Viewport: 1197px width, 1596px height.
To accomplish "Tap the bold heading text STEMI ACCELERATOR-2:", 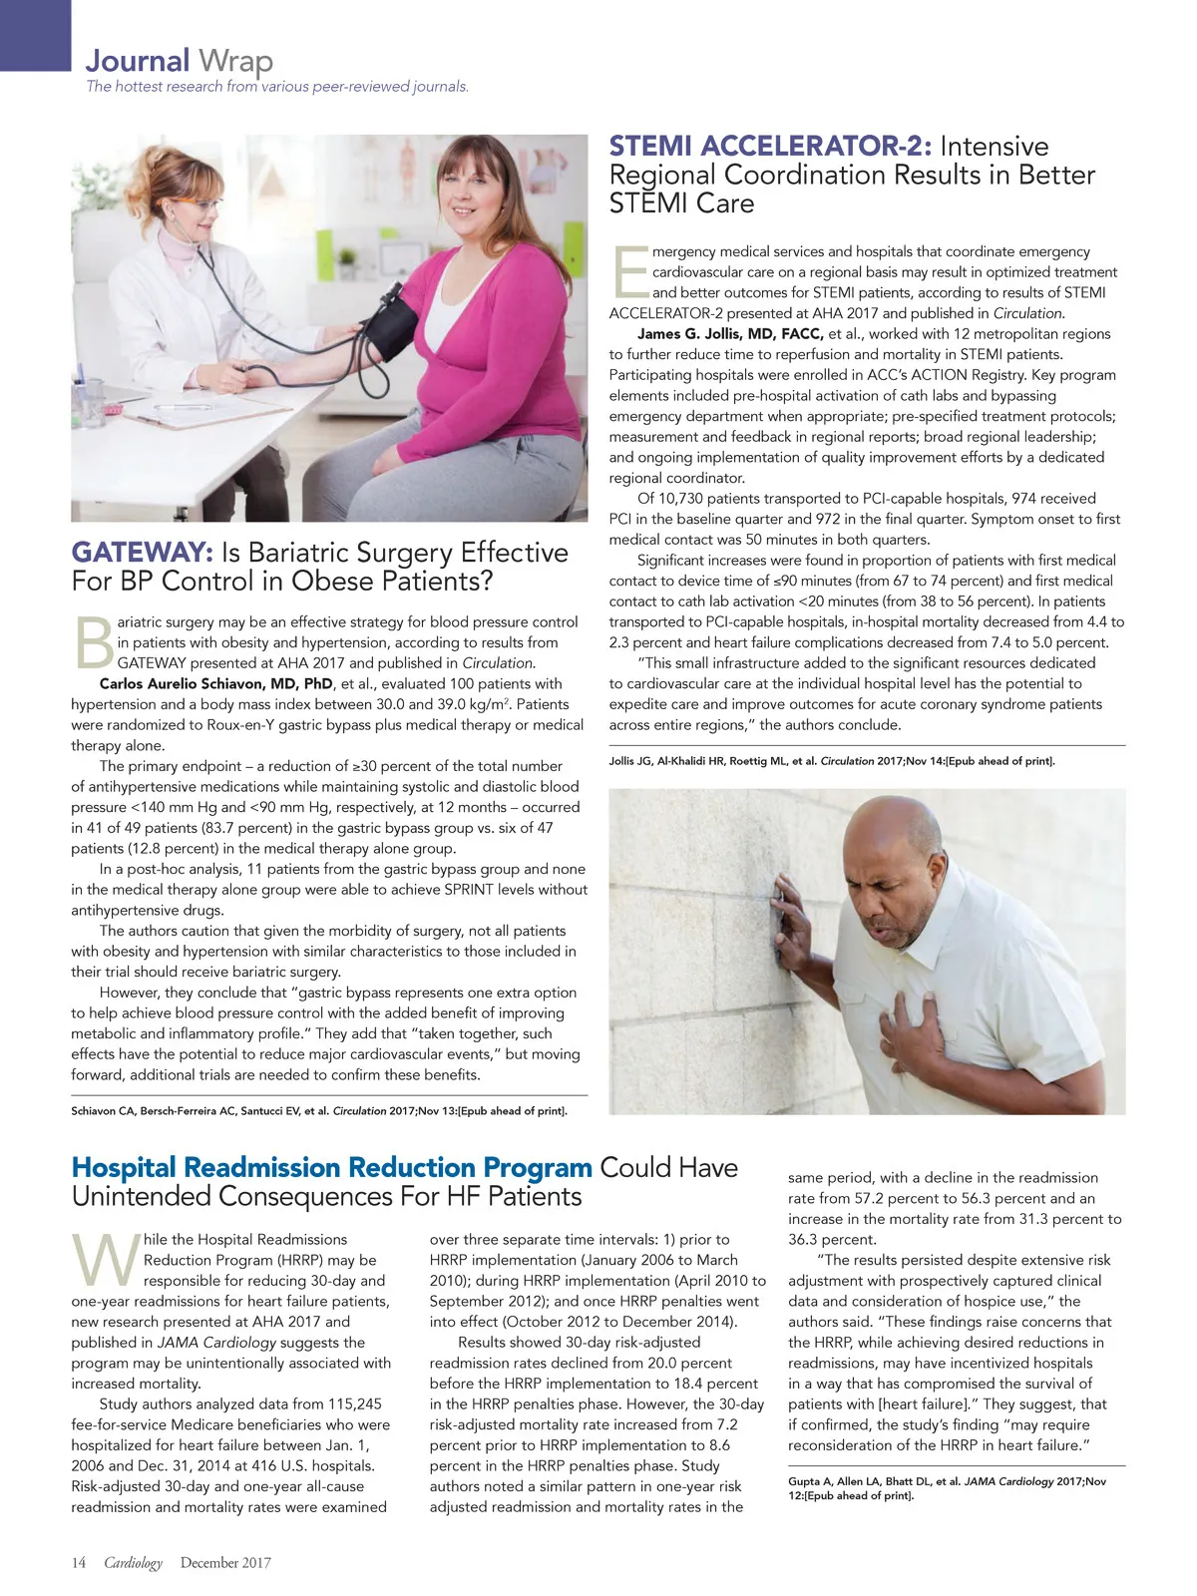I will pyautogui.click(x=770, y=147).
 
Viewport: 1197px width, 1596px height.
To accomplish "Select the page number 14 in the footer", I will pyautogui.click(x=79, y=1563).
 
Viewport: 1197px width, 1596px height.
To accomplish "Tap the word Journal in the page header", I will pyautogui.click(x=138, y=61).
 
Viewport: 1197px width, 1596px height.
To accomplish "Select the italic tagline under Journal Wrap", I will pyautogui.click(x=277, y=87).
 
